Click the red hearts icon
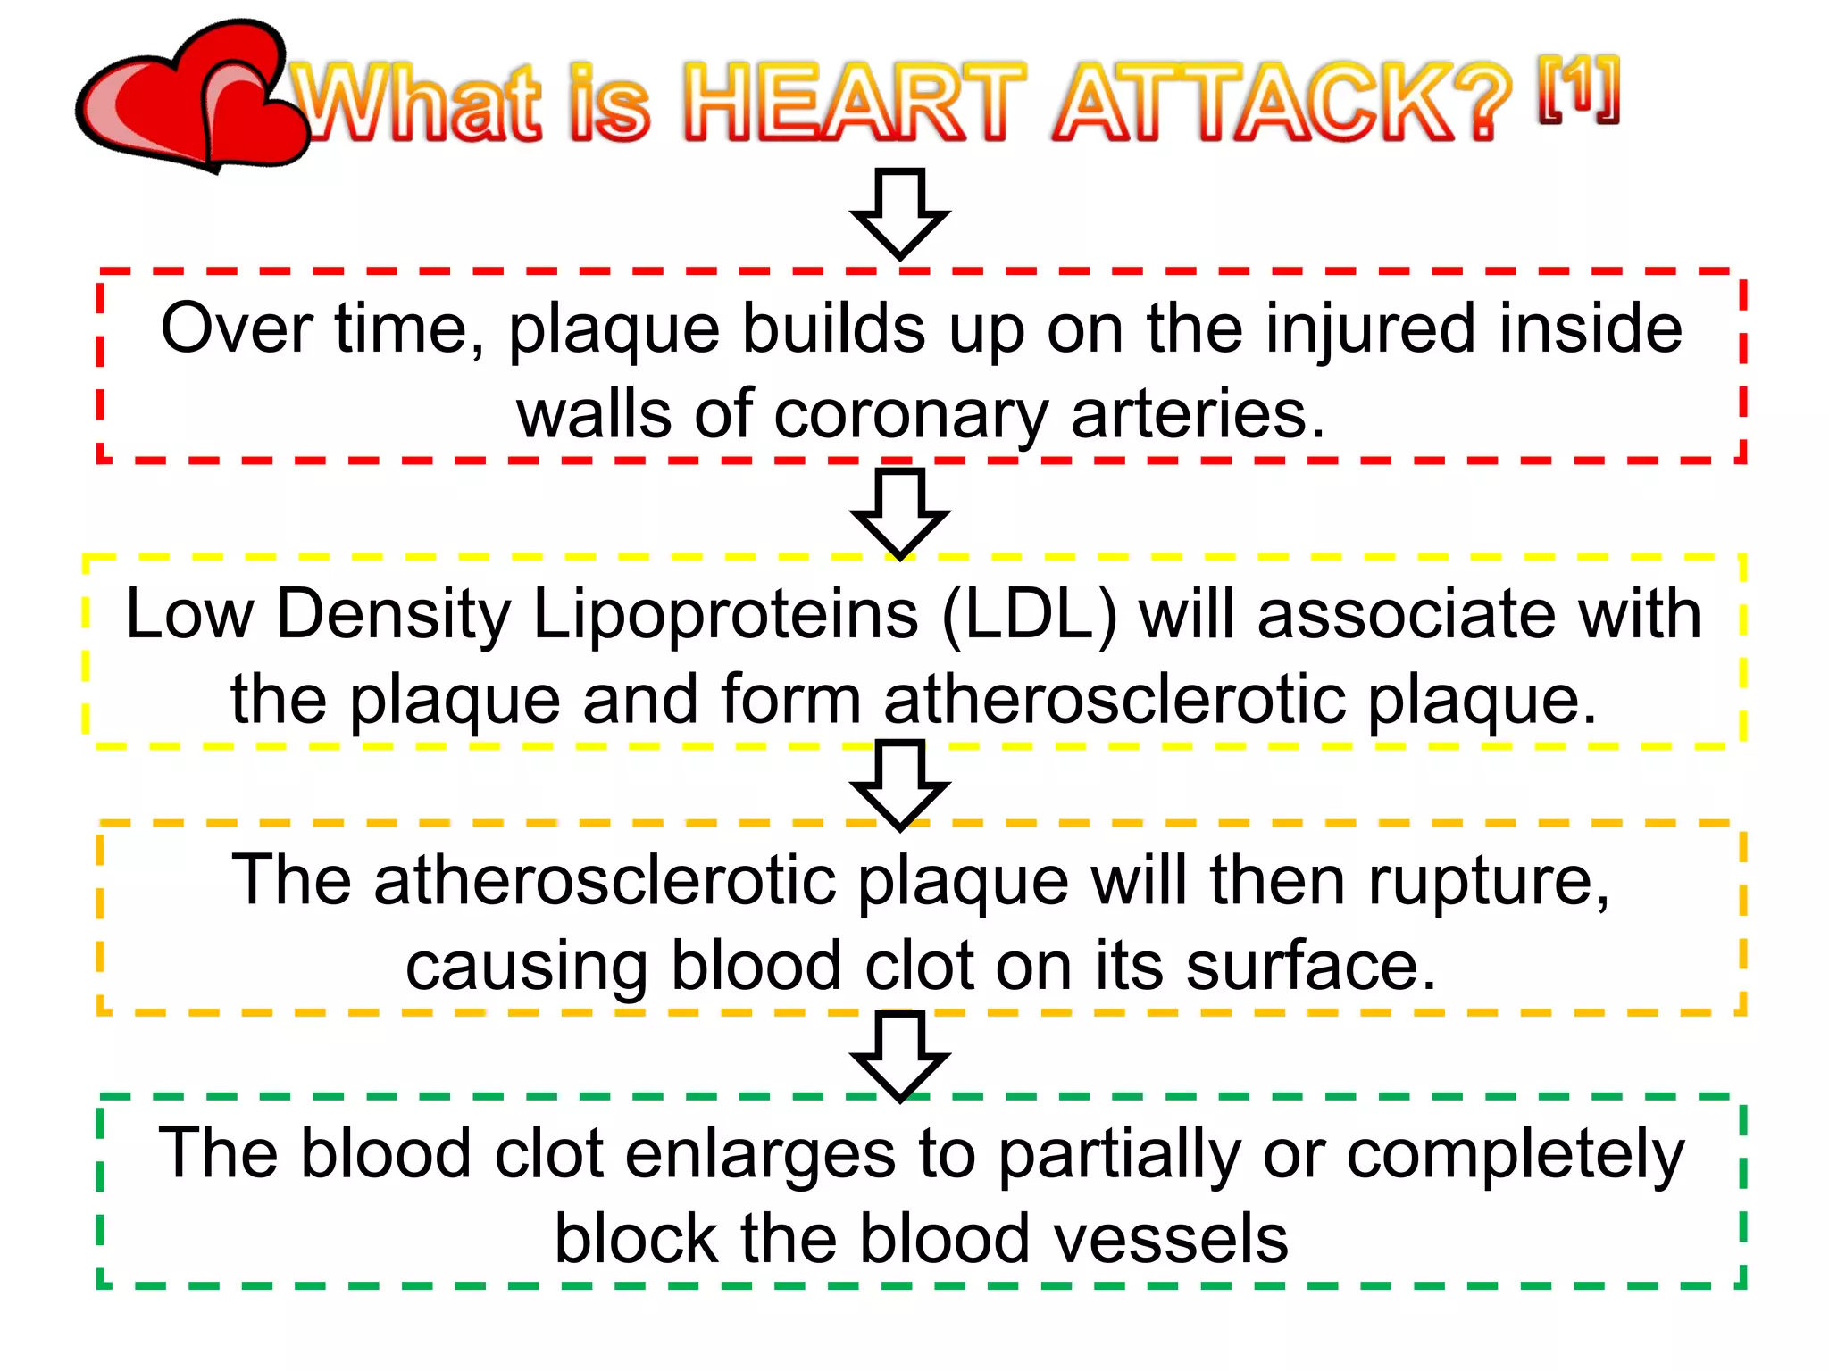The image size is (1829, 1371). coord(192,98)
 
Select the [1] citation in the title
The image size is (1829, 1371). coord(1578,89)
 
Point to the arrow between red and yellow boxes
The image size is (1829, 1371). coord(899,512)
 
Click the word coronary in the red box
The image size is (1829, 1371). coord(911,416)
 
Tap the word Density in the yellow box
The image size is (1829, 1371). coord(393,616)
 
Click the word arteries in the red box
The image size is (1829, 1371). coord(1197,414)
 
